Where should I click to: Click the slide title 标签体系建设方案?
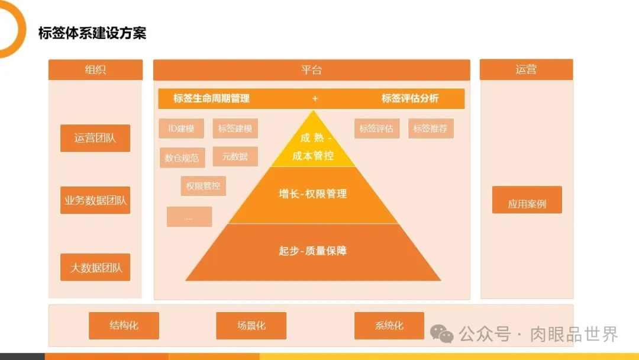(x=92, y=33)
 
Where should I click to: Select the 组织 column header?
(x=95, y=70)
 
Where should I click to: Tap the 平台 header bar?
(x=311, y=70)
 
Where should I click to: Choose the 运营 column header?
(x=526, y=69)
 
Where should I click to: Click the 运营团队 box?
(x=95, y=139)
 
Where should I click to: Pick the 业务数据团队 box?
(x=95, y=200)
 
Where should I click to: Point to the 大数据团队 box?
(x=95, y=267)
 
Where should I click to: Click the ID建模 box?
(x=181, y=128)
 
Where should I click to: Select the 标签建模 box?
(x=235, y=128)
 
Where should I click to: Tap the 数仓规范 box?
(x=182, y=157)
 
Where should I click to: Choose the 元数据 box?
(x=235, y=156)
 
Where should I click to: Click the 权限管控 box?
(x=203, y=186)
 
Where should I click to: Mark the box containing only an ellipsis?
(x=189, y=217)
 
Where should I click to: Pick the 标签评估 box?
(x=377, y=128)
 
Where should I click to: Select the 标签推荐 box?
(x=431, y=128)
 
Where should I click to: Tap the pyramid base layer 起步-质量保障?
(x=313, y=251)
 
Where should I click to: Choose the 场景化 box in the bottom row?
(x=251, y=326)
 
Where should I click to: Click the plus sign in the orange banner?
(x=315, y=98)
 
